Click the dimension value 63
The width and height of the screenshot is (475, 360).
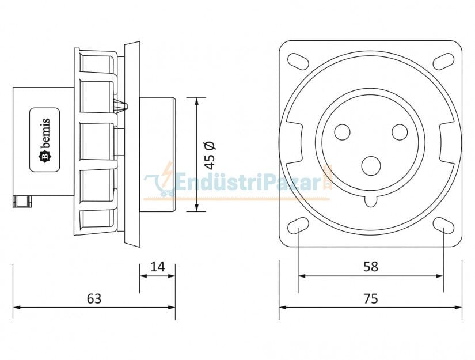[x=94, y=298]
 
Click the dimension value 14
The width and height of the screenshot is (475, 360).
[x=157, y=266]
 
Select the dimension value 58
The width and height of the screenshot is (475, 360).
[x=371, y=266]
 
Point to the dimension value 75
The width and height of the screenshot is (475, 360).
[x=371, y=298]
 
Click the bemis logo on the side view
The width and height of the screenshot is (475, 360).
[x=45, y=140]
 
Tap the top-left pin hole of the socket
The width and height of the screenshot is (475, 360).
[x=342, y=132]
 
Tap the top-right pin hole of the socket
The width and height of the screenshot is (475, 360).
[x=400, y=132]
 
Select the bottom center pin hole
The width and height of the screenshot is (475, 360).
[x=371, y=166]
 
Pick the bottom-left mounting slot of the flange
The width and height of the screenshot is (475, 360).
[x=298, y=226]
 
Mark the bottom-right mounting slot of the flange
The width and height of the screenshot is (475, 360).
[x=444, y=226]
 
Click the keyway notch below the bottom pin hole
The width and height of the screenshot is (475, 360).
[x=371, y=200]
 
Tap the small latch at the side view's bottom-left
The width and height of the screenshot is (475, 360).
[x=22, y=201]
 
